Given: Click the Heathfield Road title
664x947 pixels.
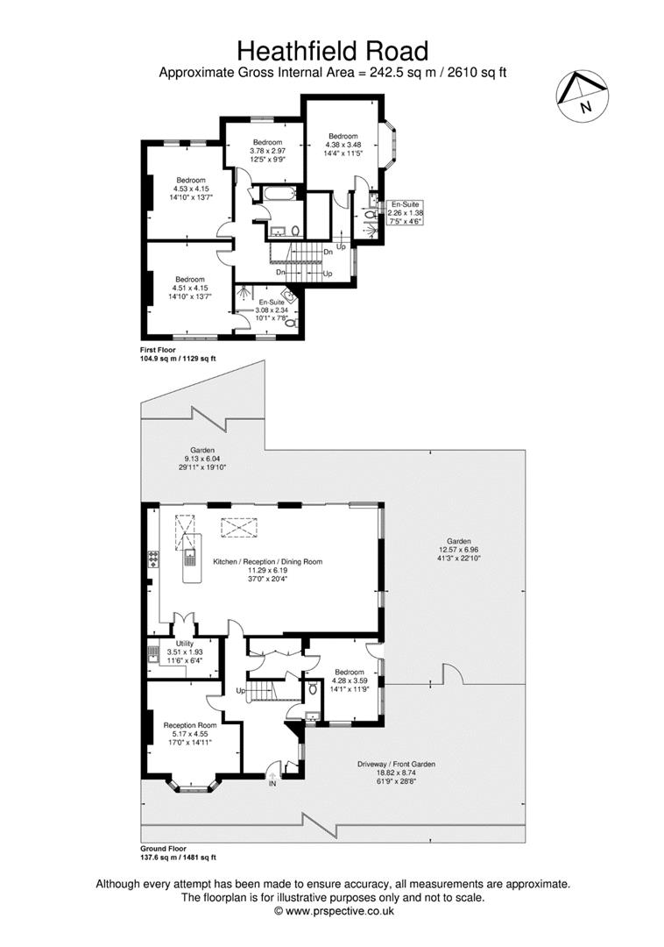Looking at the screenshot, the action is [332, 51].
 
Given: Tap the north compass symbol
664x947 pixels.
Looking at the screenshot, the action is [583, 96].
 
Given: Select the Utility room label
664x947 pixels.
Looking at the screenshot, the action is [184, 644].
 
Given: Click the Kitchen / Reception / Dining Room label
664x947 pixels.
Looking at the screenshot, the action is [267, 562].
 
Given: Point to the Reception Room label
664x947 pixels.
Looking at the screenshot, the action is [190, 725].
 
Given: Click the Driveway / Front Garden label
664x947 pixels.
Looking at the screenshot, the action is [396, 764].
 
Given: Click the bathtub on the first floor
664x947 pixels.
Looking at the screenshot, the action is [277, 194].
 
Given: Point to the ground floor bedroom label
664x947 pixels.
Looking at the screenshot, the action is [350, 673].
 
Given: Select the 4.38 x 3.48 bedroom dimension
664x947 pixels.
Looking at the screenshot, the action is [343, 145].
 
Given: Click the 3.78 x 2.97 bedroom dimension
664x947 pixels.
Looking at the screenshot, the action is [267, 151].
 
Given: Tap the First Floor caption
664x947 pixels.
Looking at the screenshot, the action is [158, 350].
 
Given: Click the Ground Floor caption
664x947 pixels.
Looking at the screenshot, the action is [163, 849].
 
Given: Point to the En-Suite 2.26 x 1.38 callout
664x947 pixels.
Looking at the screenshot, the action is [405, 212].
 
